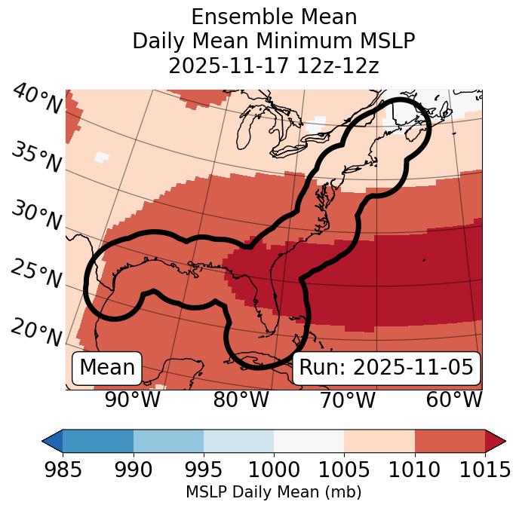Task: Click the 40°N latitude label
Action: pyautogui.click(x=36, y=99)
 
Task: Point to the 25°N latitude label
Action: pyautogui.click(x=35, y=274)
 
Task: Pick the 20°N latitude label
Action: pyautogui.click(x=35, y=332)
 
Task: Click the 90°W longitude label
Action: pyautogui.click(x=132, y=400)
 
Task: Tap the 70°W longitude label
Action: pyautogui.click(x=347, y=400)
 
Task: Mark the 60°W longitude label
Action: pyautogui.click(x=454, y=400)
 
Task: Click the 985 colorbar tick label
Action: pyautogui.click(x=63, y=470)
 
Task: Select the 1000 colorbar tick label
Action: pyautogui.click(x=274, y=470)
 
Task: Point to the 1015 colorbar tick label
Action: pyautogui.click(x=485, y=470)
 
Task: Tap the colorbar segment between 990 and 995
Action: pyautogui.click(x=168, y=440)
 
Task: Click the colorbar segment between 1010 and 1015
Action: pyautogui.click(x=450, y=440)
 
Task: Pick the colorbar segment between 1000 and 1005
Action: pyautogui.click(x=309, y=440)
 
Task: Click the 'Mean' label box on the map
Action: pyautogui.click(x=107, y=368)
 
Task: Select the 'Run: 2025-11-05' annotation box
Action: pyautogui.click(x=386, y=368)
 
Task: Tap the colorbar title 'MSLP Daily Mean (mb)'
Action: pyautogui.click(x=274, y=493)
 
